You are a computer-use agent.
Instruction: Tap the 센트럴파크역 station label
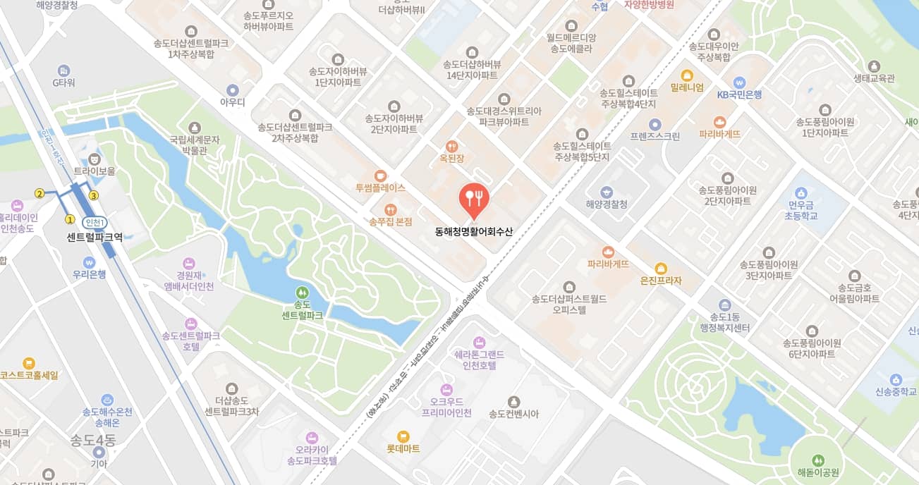tap(95, 237)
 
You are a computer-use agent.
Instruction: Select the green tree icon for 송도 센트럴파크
tap(302, 292)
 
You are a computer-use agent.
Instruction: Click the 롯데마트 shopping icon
tap(403, 436)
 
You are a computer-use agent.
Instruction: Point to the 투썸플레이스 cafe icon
tap(381, 176)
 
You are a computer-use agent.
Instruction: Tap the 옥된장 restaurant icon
tap(451, 147)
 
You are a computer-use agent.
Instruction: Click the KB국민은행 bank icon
tap(739, 82)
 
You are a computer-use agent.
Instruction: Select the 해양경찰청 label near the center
tap(607, 204)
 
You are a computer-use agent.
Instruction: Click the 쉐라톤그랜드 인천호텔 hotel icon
tap(480, 342)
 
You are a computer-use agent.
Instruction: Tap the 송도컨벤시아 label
tap(513, 414)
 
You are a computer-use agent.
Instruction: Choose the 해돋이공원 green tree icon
tap(817, 460)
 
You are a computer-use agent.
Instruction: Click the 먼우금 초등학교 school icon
tap(801, 192)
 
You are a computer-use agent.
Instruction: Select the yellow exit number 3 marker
tap(93, 195)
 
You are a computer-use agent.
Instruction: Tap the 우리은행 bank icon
tap(88, 262)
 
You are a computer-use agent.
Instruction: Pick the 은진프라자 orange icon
tap(661, 268)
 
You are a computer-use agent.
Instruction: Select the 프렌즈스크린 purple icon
tap(655, 124)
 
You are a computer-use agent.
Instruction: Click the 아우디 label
tap(232, 102)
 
